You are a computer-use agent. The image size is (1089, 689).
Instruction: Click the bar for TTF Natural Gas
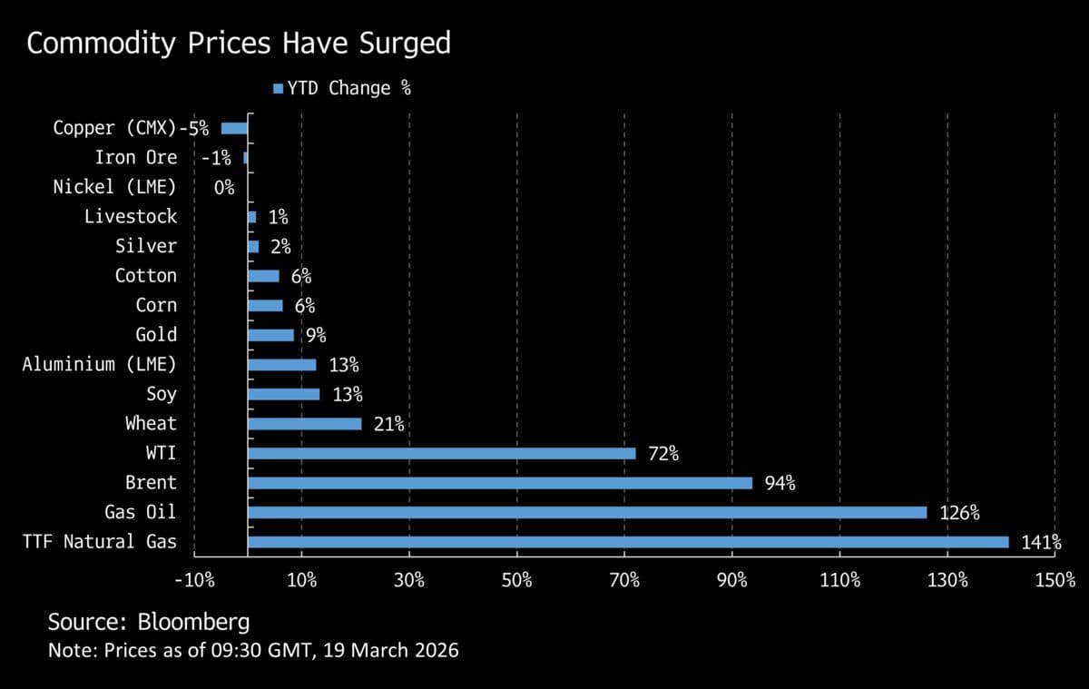[626, 542]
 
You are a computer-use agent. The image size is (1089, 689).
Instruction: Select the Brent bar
[499, 483]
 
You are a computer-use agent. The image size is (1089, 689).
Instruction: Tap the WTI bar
[441, 453]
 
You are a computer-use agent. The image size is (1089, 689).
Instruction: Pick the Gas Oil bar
[586, 512]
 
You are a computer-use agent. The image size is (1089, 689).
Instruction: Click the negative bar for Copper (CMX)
[234, 129]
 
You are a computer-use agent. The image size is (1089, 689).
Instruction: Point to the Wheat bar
[304, 424]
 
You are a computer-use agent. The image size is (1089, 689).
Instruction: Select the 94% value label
[780, 484]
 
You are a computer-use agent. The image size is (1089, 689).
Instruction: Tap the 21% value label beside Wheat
[388, 424]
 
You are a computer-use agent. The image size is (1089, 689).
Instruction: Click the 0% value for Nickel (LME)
[224, 188]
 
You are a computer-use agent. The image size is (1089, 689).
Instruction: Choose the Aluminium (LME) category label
[99, 364]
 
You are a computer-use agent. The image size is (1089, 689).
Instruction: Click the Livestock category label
[131, 217]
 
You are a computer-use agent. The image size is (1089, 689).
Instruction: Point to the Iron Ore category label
[136, 158]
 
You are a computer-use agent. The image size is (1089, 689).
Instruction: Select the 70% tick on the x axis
[624, 580]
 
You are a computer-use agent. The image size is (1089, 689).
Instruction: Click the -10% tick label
[195, 580]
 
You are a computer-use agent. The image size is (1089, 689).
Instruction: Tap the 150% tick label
[1054, 580]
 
